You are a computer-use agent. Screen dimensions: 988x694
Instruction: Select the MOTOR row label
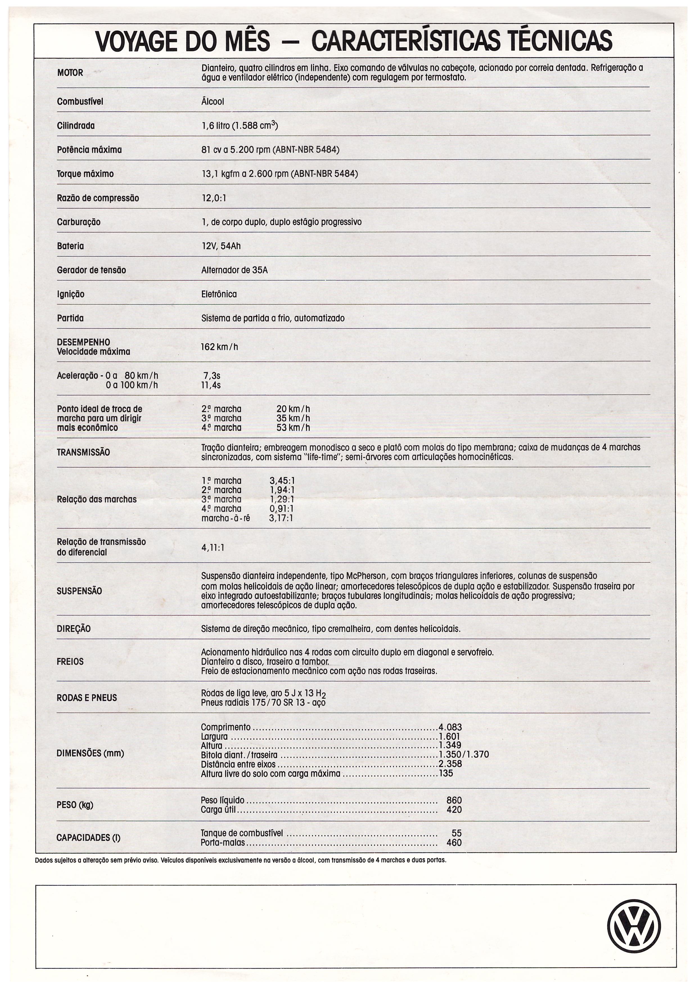coord(70,73)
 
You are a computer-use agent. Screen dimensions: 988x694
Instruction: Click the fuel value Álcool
coord(212,102)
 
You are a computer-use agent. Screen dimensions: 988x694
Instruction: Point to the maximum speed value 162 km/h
coord(219,347)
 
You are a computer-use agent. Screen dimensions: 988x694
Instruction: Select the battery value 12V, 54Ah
coord(221,246)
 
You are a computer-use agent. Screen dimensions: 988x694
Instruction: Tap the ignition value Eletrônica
coord(219,294)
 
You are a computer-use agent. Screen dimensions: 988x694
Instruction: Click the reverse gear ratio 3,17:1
coord(281,518)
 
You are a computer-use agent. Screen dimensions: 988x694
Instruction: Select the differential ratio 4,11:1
coord(212,548)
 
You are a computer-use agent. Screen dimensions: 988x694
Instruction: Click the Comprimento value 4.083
coord(450,727)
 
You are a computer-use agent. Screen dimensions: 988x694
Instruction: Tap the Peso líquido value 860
coord(454,800)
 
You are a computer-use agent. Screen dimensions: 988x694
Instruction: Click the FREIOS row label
coord(70,661)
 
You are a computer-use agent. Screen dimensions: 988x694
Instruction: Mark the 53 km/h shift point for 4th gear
coord(293,428)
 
